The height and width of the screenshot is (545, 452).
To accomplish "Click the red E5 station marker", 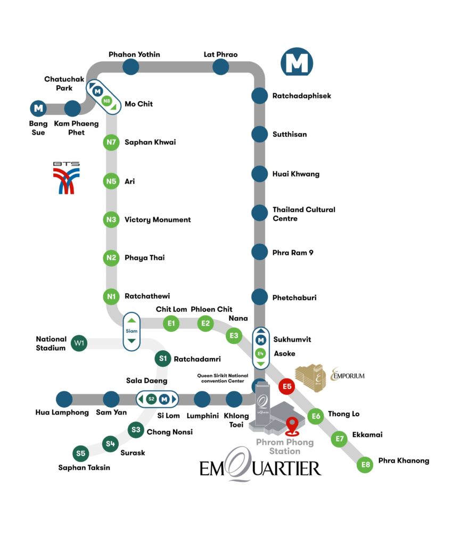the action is pos(287,386).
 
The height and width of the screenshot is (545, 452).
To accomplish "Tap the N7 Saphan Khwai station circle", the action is pos(111,142).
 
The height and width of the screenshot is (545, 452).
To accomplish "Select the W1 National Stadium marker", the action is pos(79,343).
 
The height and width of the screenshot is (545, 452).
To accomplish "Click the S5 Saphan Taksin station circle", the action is pos(81,453).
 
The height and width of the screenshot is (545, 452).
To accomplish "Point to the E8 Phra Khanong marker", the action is pos(365,465).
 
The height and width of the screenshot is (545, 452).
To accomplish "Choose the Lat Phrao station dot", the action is pos(220,67).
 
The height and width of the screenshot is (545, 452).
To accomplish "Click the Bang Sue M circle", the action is pos(38,109).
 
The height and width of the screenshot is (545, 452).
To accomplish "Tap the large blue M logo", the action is pos(297,63).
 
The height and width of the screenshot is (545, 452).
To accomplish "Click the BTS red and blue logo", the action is pos(67,178).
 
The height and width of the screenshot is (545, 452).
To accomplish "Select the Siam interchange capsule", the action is pos(132,331).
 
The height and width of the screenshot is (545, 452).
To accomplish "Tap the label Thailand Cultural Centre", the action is pos(304,214).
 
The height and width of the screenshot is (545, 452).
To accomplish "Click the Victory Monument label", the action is pos(158,220).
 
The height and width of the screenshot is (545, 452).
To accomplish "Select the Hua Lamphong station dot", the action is pos(64,399).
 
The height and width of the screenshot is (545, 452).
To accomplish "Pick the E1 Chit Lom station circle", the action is pos(171,324).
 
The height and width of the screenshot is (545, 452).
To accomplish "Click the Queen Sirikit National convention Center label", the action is pos(223,378).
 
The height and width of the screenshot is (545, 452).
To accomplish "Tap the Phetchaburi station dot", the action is pos(259,297).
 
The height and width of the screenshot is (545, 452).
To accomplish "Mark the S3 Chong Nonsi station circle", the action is pos(136,430).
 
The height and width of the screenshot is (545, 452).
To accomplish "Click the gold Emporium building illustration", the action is pos(310,378).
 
